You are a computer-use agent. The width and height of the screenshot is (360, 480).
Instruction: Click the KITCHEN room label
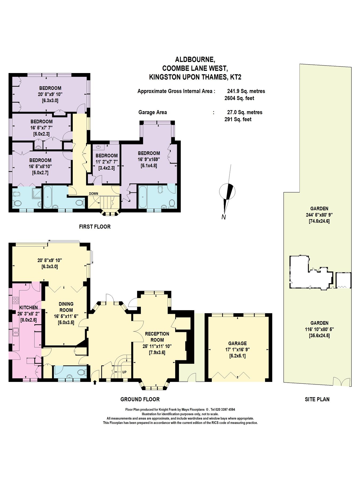pos(29,307)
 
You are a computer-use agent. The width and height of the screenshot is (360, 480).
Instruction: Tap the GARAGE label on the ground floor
pos(237,343)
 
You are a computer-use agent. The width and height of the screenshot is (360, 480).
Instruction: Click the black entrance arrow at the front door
pos(95,382)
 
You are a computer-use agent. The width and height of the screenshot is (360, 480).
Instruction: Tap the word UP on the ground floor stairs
pos(124,372)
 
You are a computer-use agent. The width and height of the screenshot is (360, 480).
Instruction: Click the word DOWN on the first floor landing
pos(93,194)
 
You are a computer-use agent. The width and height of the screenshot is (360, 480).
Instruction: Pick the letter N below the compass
pos(223,217)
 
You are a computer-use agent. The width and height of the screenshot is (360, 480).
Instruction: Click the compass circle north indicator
pos(227,191)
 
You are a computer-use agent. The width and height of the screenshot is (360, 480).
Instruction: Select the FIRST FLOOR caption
pos(95,227)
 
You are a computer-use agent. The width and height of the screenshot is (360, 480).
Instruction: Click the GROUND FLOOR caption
pos(140,399)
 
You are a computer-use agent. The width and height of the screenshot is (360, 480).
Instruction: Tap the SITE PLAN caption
pos(317,399)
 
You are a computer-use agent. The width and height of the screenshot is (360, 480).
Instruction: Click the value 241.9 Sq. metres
pos(246,91)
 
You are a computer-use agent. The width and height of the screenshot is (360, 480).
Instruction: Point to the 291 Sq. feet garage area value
pos(238,119)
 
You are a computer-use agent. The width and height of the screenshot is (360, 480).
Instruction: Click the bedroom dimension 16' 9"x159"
pos(149,159)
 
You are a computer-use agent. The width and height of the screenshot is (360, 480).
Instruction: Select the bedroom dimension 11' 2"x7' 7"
pos(107,162)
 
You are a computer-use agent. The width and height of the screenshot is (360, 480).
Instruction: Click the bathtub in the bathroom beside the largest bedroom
pos(142,197)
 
